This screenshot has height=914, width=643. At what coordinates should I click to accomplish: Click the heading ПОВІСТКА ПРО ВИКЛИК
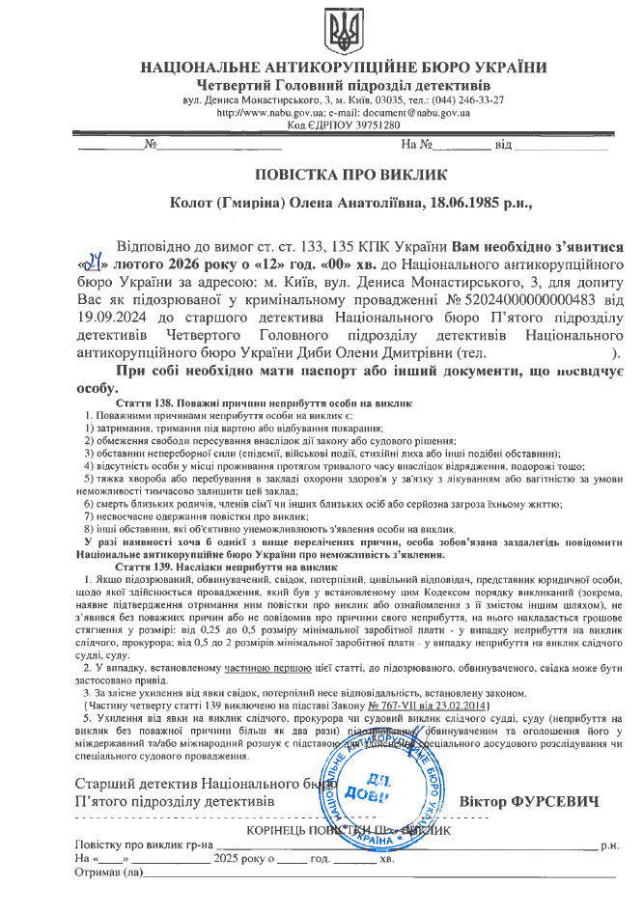pyautogui.click(x=338, y=175)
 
